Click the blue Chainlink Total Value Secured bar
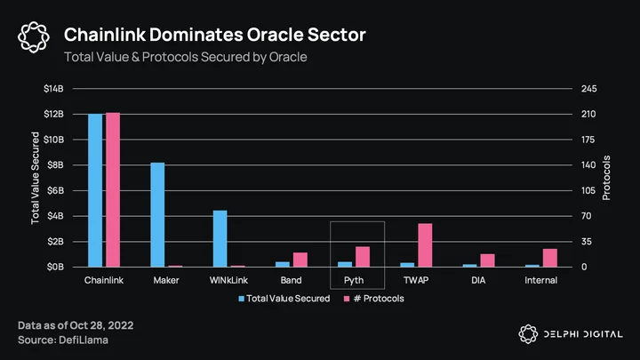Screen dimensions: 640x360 [95, 190]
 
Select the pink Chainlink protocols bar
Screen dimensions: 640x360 [113, 190]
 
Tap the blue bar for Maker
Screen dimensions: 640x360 [157, 215]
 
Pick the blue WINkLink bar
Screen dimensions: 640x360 [220, 239]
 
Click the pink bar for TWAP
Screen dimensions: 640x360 [425, 245]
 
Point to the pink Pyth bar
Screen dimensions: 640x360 [363, 257]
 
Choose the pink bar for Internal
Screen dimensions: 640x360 [550, 258]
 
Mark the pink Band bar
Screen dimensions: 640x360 [300, 260]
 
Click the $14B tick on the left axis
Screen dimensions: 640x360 [54, 89]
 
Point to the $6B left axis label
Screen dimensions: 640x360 [55, 190]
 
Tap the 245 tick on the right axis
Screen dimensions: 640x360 [589, 89]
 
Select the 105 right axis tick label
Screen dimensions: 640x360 [588, 190]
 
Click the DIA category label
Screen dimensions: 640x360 [478, 280]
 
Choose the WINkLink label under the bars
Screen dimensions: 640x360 [228, 280]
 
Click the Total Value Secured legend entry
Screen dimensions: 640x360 [284, 299]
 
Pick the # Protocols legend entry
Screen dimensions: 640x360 [374, 299]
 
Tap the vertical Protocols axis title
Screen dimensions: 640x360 [606, 178]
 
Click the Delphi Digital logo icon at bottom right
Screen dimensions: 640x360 [528, 334]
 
